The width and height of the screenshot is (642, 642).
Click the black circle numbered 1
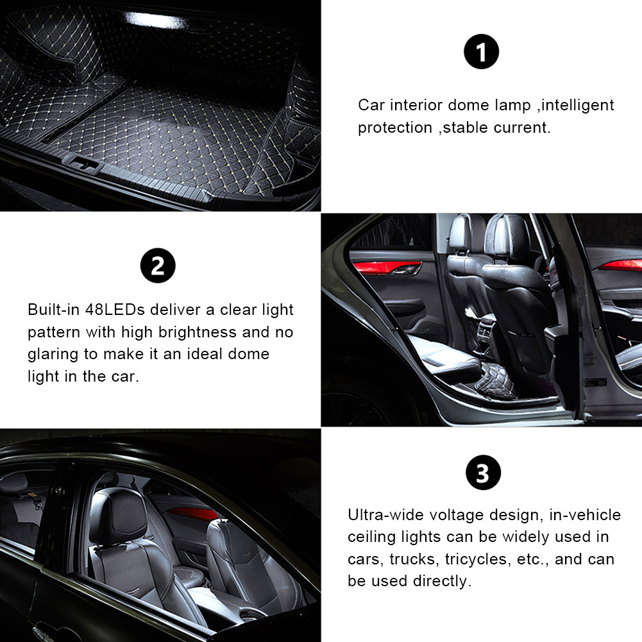pyautogui.click(x=481, y=51)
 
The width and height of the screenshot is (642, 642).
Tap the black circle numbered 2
pyautogui.click(x=158, y=266)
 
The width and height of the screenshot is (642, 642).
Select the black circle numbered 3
pyautogui.click(x=483, y=473)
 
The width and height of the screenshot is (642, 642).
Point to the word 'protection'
pyautogui.click(x=395, y=128)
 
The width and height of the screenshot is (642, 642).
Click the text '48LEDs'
pyautogui.click(x=115, y=310)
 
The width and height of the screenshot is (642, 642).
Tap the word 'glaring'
pyautogui.click(x=53, y=355)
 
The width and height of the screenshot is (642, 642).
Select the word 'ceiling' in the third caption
pyautogui.click(x=372, y=537)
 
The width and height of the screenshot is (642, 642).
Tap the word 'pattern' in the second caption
pyautogui.click(x=54, y=332)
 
